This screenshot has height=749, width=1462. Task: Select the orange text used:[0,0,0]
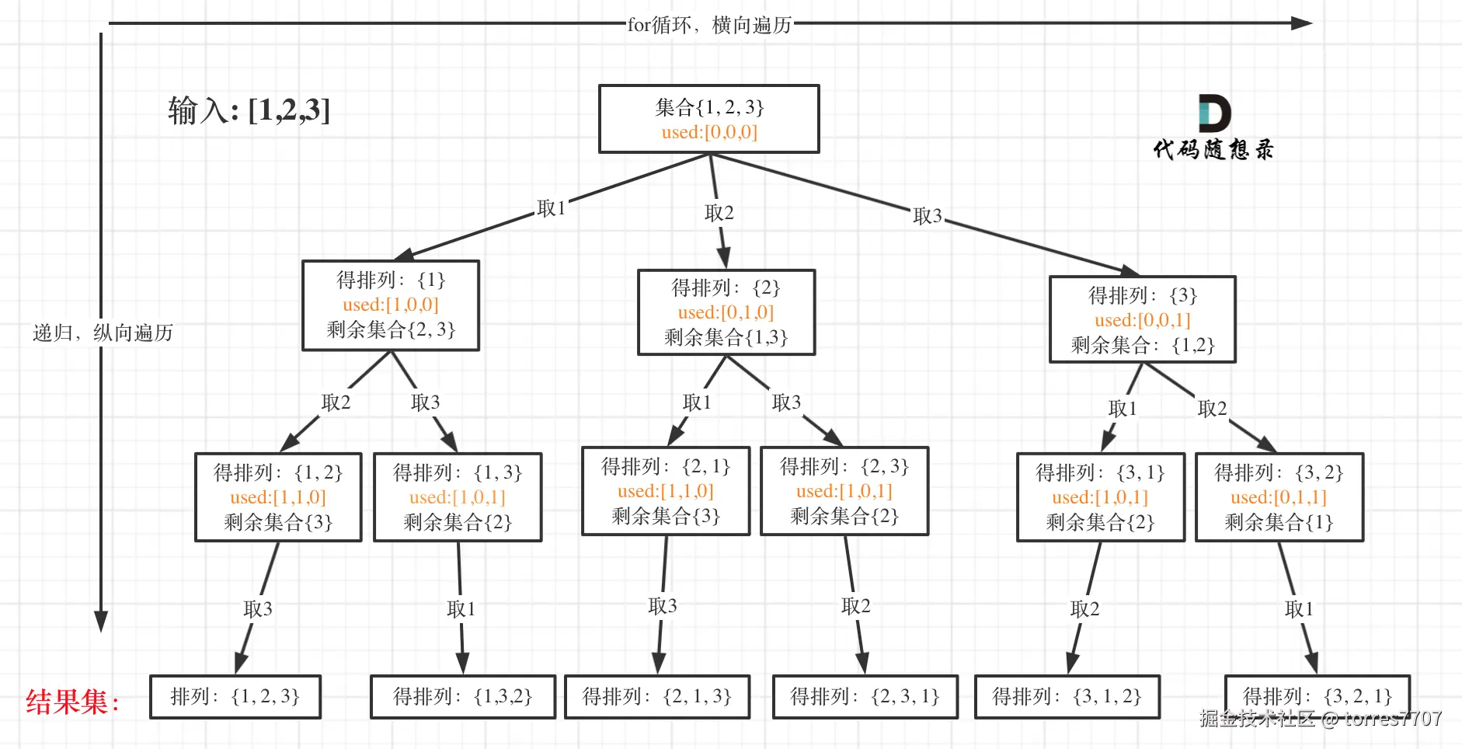coord(709,132)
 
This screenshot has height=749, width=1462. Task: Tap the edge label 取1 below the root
coord(551,208)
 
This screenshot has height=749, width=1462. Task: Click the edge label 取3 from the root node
coord(927,215)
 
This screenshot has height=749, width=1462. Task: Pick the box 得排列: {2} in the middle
coord(726,312)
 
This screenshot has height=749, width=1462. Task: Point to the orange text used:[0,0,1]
coord(1142,320)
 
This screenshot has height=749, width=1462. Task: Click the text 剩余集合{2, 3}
coord(391,329)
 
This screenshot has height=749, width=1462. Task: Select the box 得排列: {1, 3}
coord(458,496)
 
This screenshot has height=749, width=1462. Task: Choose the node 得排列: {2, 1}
coord(665,490)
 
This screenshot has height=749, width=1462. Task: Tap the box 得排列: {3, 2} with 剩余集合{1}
coord(1279,496)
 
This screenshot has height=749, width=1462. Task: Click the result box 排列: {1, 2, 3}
coord(235,696)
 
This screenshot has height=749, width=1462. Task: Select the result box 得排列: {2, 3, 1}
coord(865,696)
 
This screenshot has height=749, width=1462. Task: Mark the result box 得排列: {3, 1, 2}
coord(1067,696)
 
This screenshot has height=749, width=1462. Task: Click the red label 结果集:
coord(72,702)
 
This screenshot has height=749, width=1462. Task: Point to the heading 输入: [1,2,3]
coord(249,110)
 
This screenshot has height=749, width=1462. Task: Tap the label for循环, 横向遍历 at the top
coord(708,25)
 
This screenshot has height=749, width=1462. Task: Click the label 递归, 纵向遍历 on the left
coord(103,333)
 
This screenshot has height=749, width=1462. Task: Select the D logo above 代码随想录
coord(1213,113)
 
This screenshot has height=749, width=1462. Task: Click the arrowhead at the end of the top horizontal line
coord(1301,23)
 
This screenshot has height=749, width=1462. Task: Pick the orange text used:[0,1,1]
coord(1278,496)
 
